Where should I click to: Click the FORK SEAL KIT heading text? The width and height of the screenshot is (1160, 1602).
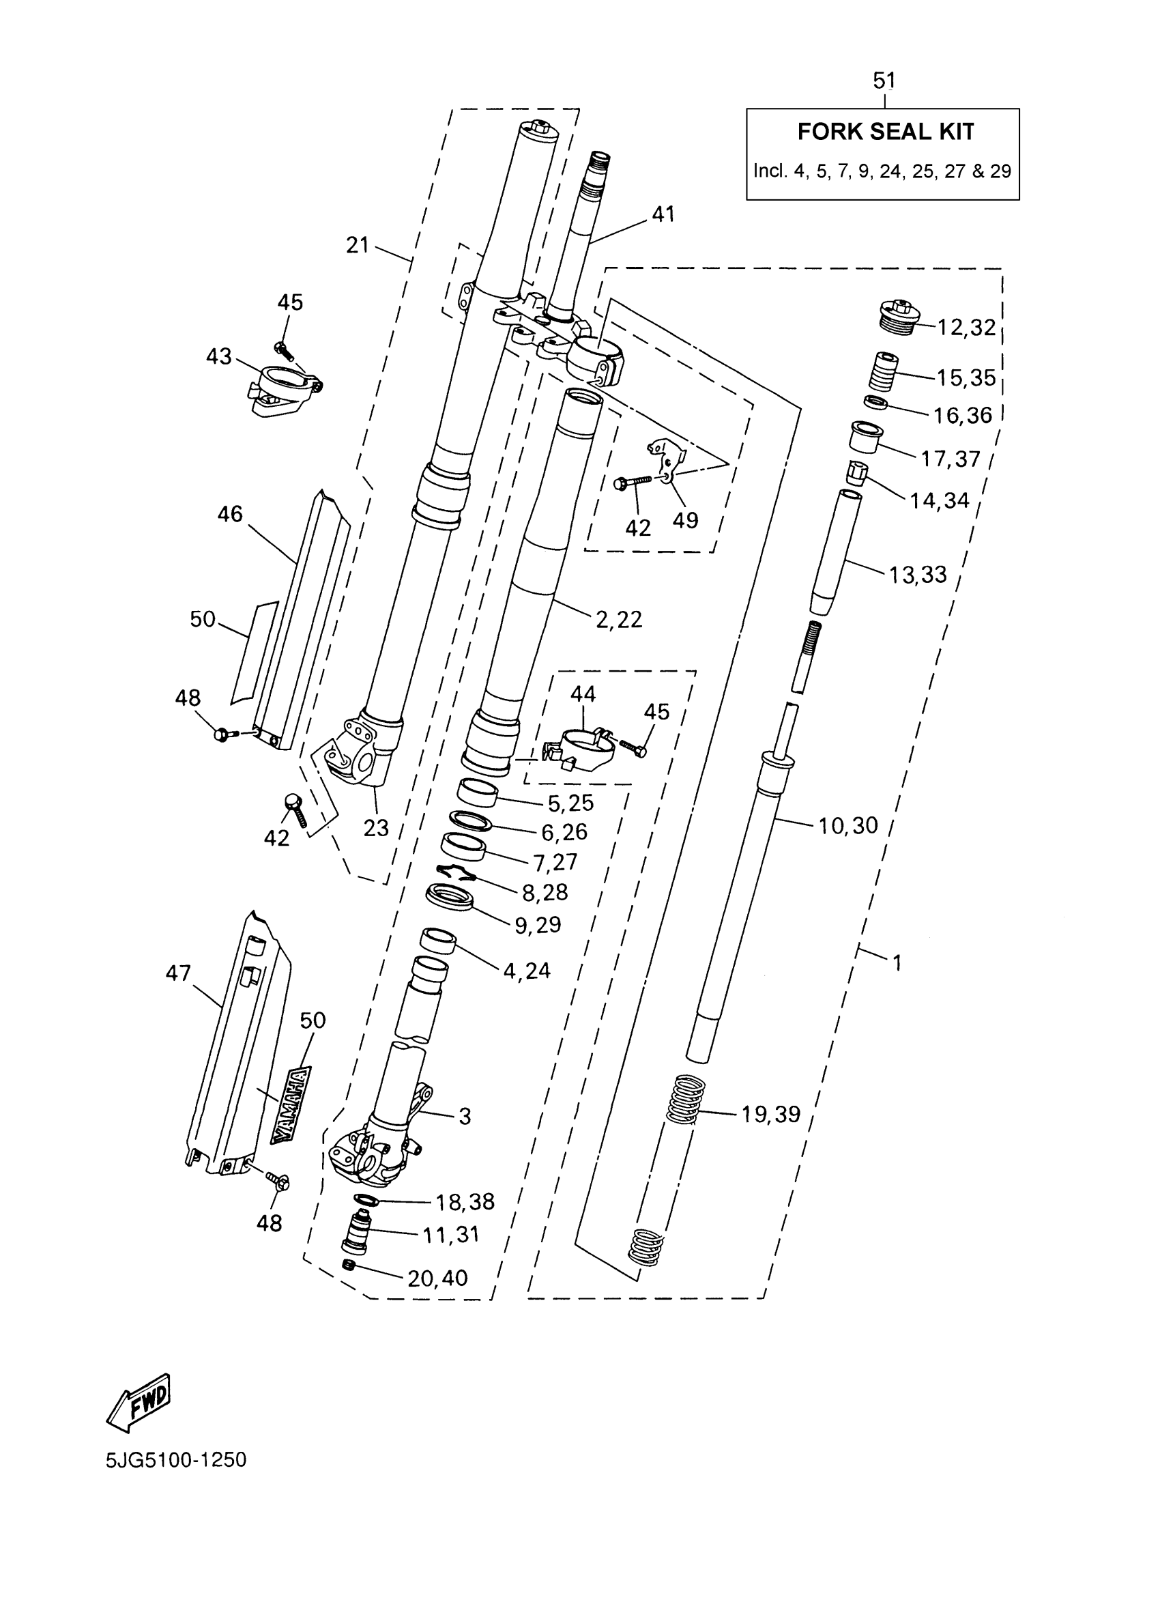886,132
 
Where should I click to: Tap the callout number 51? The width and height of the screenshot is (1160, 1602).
884,81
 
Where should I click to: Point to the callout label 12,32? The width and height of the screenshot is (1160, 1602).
966,328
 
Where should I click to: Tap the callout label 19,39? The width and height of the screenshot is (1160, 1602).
770,1114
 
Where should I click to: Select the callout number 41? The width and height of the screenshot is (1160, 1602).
663,214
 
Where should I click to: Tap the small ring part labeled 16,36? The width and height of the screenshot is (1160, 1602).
876,403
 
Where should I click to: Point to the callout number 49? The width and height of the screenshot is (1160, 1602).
685,520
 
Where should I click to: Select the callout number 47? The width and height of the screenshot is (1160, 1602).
178,973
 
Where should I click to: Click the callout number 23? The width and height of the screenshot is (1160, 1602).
375,828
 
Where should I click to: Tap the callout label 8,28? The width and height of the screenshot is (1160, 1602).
545,892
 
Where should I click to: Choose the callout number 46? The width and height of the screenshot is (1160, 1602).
229,514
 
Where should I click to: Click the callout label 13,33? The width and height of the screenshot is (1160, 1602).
917,575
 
